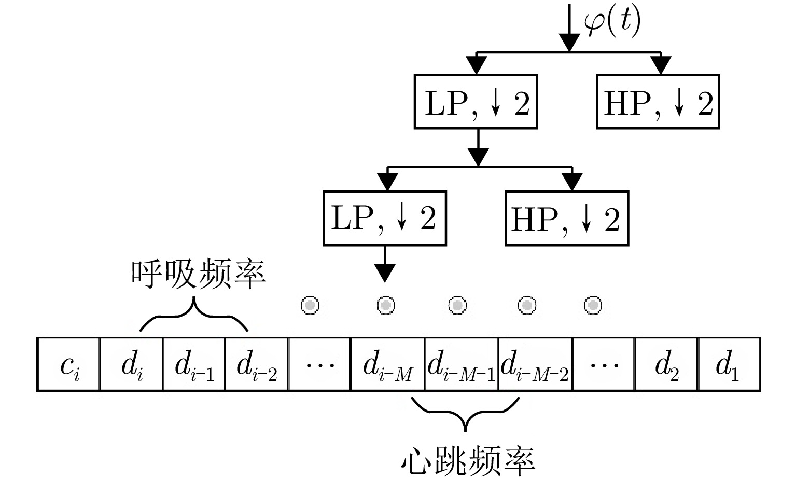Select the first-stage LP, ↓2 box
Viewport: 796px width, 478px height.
pos(476,102)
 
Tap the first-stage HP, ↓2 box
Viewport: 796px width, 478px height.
pos(658,102)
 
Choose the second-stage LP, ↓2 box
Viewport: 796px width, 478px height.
pos(384,218)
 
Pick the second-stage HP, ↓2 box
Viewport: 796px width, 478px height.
pos(566,218)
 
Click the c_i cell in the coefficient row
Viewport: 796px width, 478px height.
pos(68,364)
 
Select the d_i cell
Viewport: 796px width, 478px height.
pos(132,364)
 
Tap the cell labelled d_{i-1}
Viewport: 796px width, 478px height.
pos(194,364)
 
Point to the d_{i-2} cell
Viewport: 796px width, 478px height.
pos(256,364)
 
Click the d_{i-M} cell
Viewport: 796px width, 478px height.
pos(387,364)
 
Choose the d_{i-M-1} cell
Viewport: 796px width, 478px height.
pos(461,364)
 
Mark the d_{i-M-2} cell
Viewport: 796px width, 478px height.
pos(535,364)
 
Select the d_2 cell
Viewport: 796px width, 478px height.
pos(666,364)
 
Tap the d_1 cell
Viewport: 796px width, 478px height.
pos(729,364)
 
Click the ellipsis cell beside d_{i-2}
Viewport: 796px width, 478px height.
pos(319,364)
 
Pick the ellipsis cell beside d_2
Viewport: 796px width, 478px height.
pos(603,364)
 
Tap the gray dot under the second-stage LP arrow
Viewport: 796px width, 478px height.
pos(385,305)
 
